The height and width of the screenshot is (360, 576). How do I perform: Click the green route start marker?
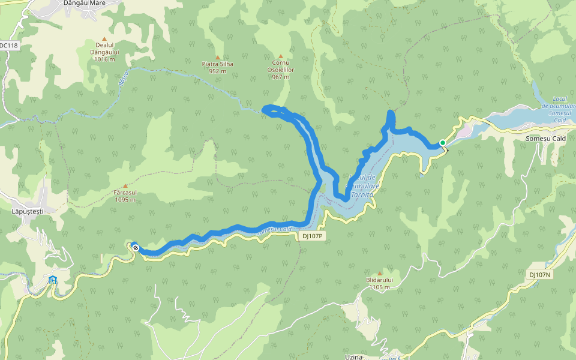click(x=443, y=143)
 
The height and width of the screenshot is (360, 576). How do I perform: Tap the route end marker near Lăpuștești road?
click(x=136, y=248)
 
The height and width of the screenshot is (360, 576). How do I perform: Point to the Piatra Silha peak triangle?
click(x=218, y=57)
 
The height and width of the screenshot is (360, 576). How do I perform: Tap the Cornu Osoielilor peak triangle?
click(x=280, y=56)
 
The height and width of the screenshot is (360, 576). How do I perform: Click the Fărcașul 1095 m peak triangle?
click(x=125, y=186)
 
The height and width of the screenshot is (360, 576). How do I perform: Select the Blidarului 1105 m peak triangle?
click(x=379, y=273)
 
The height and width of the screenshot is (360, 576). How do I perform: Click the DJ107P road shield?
click(x=312, y=236)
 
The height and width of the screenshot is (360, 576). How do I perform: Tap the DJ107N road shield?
click(x=540, y=275)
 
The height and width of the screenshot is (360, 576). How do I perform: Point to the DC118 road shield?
click(x=8, y=46)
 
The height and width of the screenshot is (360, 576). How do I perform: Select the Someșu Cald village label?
click(x=545, y=139)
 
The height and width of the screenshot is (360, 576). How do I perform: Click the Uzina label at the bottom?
click(x=353, y=356)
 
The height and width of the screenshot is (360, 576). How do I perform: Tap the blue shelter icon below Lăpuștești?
click(x=53, y=280)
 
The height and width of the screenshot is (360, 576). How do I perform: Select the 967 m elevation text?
click(x=281, y=77)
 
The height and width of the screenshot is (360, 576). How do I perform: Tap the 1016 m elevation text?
click(x=104, y=59)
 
